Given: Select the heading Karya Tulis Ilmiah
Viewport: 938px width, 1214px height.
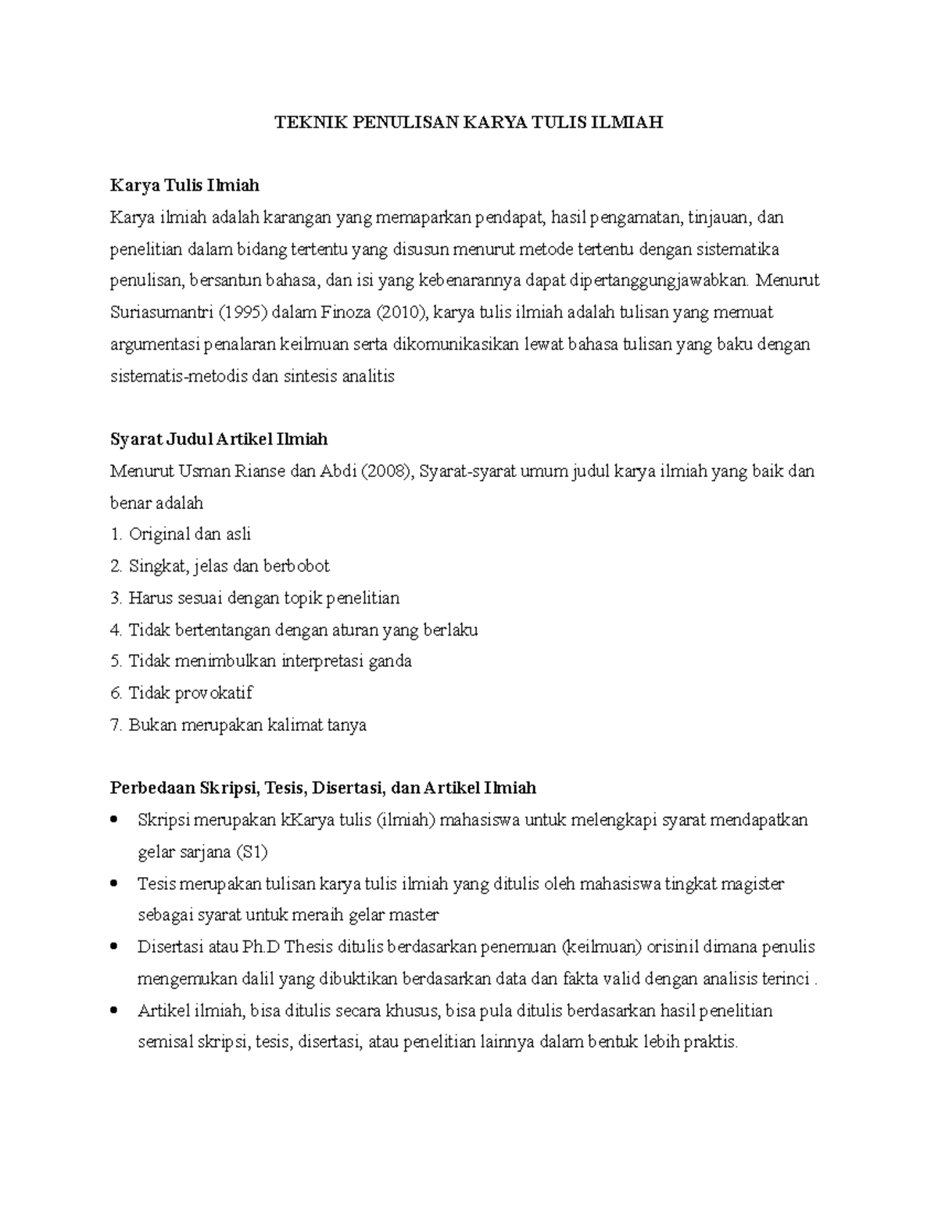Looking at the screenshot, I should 184,185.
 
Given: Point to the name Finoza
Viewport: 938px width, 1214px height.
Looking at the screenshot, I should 346,313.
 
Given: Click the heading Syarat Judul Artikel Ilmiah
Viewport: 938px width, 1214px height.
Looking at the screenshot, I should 219,439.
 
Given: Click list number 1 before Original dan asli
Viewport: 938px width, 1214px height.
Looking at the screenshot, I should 116,535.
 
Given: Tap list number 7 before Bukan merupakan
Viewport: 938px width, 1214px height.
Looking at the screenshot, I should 116,725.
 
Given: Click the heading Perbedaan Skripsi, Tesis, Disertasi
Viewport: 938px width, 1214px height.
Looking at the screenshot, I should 323,787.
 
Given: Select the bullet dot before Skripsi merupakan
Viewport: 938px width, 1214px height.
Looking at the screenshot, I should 115,820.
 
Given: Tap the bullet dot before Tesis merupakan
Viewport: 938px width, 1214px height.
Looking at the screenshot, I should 115,883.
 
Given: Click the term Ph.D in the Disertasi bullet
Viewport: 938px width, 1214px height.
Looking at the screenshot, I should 260,947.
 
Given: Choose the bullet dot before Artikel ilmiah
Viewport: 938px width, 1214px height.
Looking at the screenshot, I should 115,1011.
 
